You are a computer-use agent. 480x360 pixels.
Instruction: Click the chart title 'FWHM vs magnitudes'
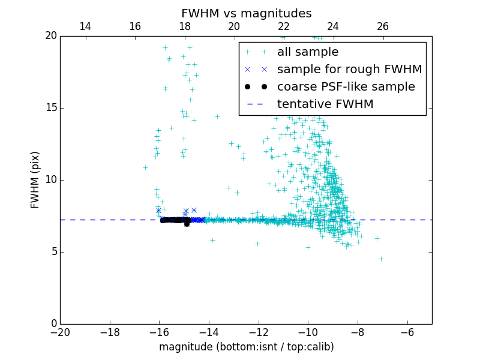tap(246, 13)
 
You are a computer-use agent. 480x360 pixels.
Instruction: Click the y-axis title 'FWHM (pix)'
tap(35, 179)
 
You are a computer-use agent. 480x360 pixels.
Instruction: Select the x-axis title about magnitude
tap(246, 347)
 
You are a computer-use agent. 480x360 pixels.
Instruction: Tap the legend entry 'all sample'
tap(307, 52)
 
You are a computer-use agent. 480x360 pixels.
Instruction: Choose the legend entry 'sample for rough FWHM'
tap(349, 70)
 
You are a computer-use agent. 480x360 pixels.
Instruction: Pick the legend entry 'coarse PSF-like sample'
tap(346, 87)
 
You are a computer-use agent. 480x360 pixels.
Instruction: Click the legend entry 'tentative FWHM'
tap(325, 104)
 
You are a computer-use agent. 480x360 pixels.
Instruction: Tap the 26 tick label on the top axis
tap(383, 26)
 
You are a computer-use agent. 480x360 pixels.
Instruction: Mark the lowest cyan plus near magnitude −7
tap(381, 259)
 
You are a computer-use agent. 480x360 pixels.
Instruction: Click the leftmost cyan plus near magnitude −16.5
tap(145, 167)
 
